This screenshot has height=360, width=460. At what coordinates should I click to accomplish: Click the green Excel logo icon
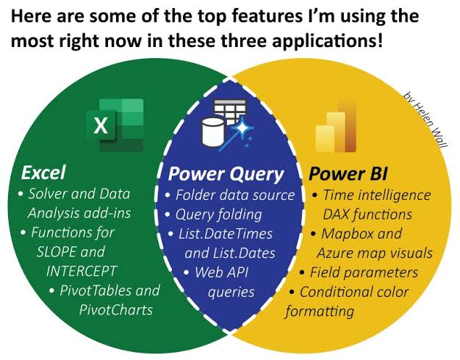(115, 123)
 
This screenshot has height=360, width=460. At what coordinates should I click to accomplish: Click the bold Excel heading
(43, 173)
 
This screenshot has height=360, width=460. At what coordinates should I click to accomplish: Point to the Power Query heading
(226, 175)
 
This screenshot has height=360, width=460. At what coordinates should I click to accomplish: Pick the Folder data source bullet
(234, 196)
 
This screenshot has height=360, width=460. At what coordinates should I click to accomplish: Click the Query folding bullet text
(218, 215)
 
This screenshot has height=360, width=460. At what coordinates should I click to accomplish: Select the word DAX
(336, 215)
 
